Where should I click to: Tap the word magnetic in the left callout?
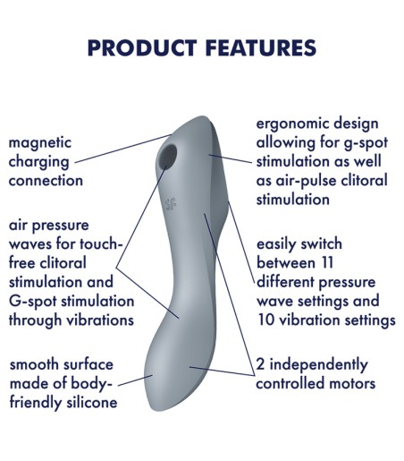40,143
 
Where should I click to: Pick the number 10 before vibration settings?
265,320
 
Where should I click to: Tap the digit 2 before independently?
261,365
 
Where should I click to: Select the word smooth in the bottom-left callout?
35,365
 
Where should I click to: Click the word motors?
347,384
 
